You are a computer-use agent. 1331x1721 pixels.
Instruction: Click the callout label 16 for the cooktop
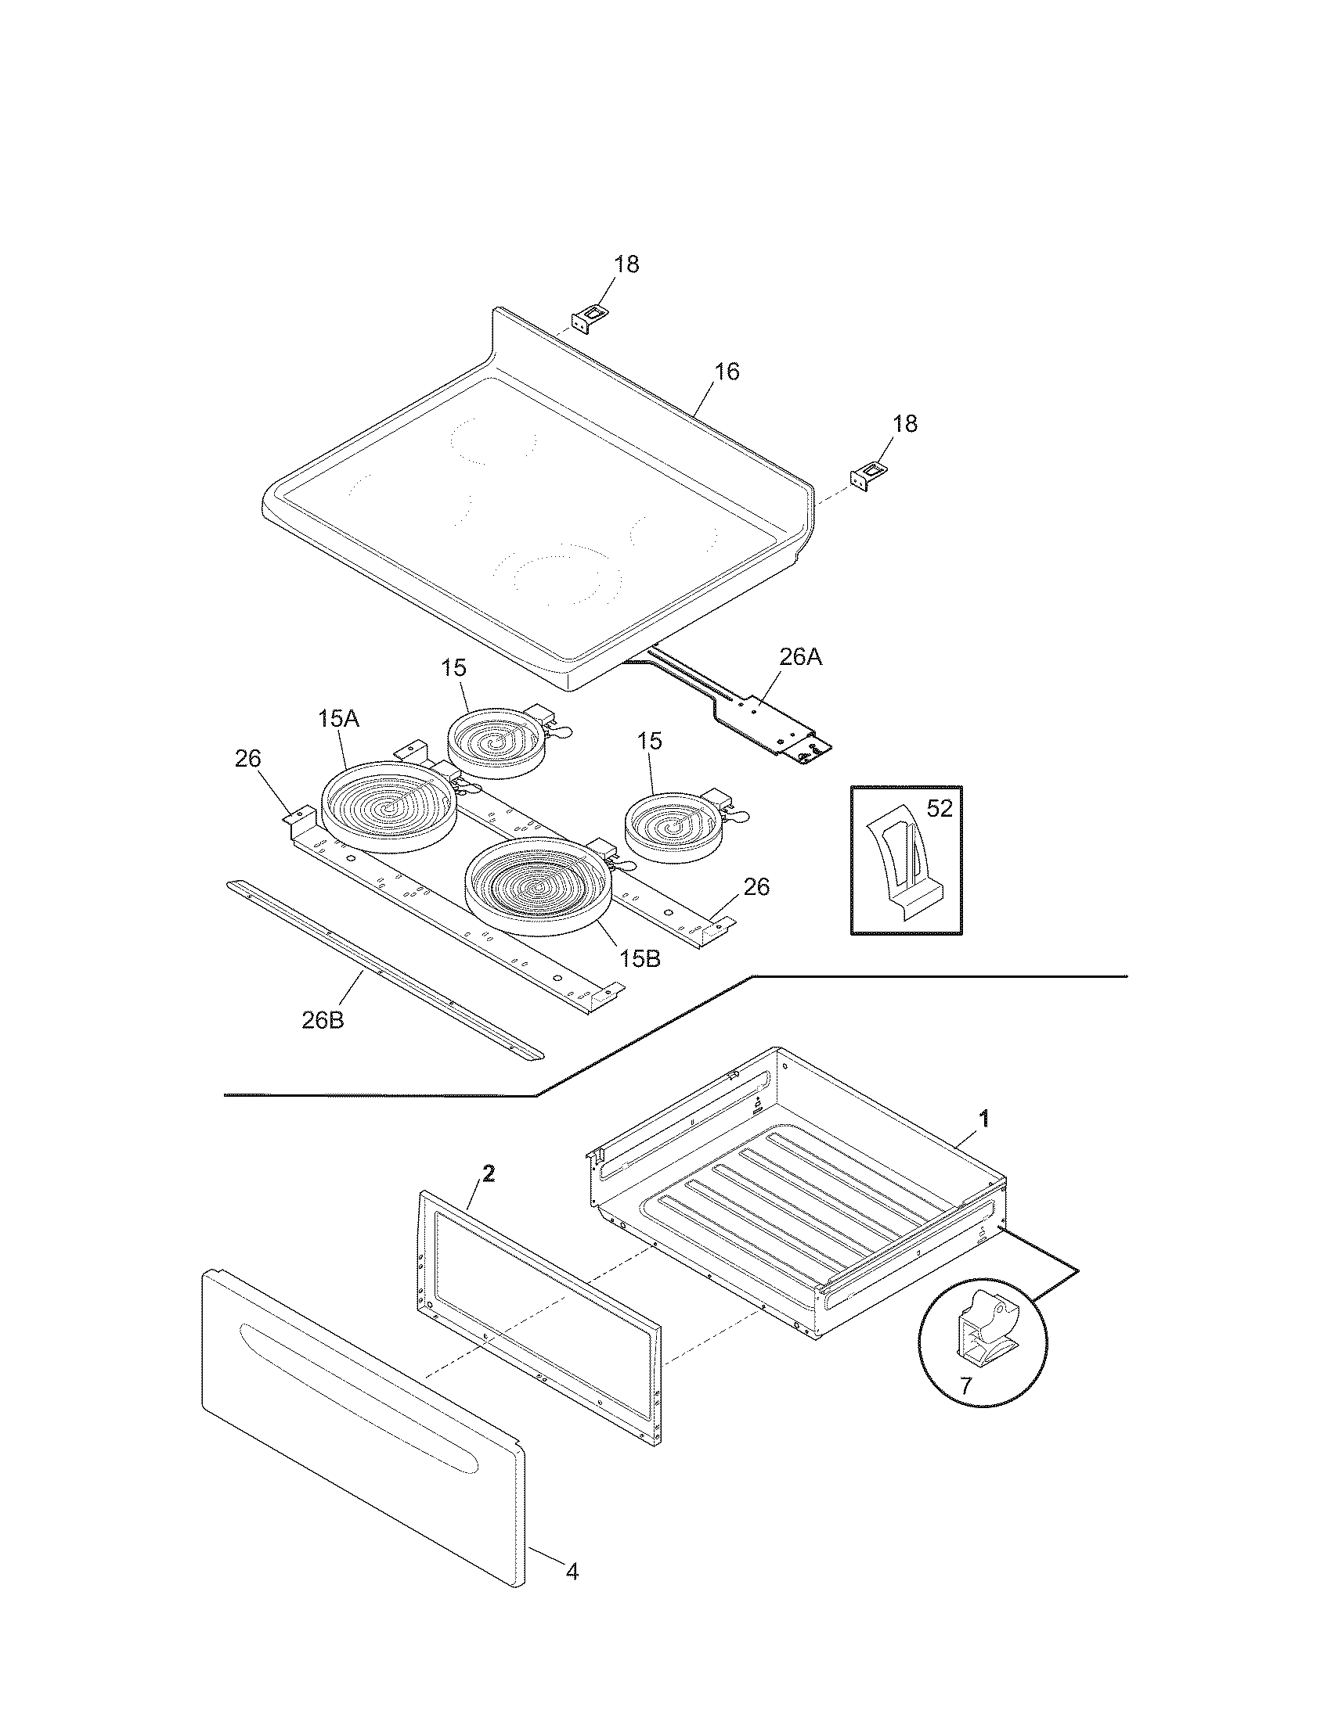pos(727,371)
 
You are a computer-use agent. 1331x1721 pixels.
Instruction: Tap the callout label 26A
pos(800,657)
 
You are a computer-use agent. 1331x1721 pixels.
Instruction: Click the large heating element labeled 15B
pos(539,886)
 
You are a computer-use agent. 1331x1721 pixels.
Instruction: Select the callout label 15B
pos(640,959)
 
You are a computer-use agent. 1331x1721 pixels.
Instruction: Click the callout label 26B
pos(323,1020)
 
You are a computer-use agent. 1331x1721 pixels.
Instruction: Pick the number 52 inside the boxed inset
pos(939,809)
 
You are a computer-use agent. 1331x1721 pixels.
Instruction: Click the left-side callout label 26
pos(247,759)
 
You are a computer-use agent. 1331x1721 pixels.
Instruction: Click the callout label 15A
pos(339,719)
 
